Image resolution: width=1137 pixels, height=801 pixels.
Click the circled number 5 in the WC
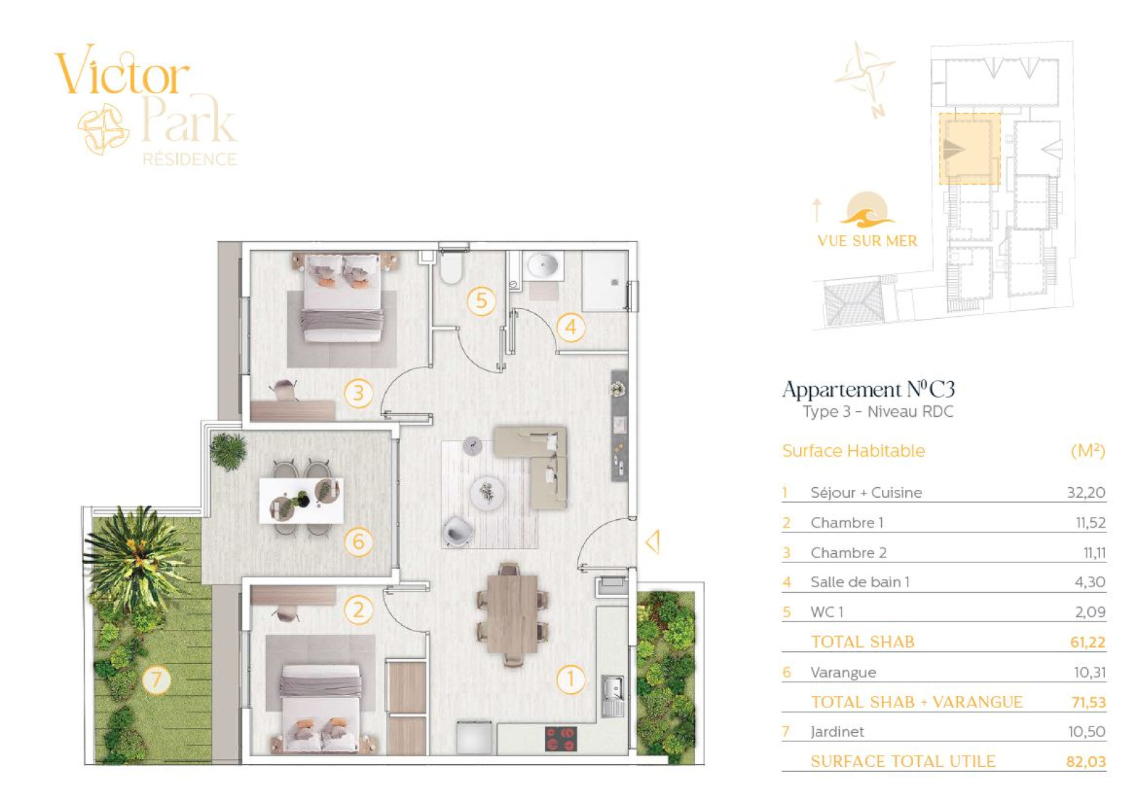point(481,301)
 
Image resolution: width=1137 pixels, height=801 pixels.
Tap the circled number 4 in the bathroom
point(571,327)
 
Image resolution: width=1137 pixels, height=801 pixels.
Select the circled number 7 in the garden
point(156,679)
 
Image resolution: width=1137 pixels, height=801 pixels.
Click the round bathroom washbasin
point(543,265)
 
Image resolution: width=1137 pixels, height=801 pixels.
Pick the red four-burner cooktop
point(561,739)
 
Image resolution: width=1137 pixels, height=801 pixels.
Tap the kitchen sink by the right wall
point(613,695)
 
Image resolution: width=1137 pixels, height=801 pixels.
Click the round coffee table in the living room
point(487,491)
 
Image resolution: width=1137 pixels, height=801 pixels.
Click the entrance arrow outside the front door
point(653,542)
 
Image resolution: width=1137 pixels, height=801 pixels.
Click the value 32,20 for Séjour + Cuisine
point(1086,493)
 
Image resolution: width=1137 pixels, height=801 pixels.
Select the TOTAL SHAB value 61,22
point(1087,642)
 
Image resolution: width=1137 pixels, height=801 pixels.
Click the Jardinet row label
point(836,731)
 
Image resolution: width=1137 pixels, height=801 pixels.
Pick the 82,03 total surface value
point(1086,761)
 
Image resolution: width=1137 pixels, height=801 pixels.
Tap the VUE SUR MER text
point(868,241)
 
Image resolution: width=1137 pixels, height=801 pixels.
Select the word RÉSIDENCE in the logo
point(190,160)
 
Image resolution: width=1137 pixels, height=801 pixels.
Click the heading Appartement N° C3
point(868,390)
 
